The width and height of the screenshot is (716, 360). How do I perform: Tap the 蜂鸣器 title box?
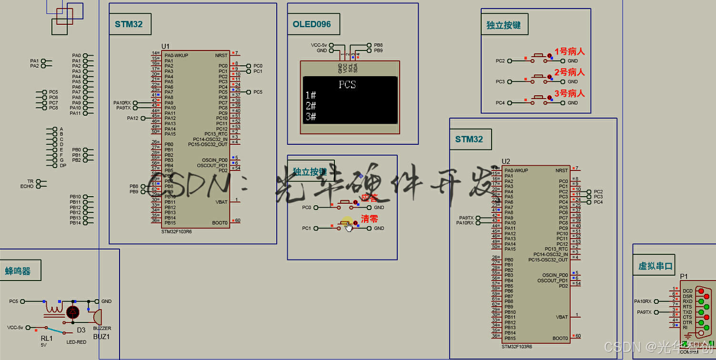click(18, 271)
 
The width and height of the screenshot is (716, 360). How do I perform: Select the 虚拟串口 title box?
click(656, 266)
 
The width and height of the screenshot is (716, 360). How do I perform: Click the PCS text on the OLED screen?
click(347, 85)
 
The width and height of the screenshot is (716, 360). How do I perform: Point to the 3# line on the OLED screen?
click(311, 116)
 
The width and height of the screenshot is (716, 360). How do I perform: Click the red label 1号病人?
click(569, 51)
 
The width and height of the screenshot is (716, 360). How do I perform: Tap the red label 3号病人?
click(569, 93)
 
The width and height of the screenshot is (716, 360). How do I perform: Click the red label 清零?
click(369, 219)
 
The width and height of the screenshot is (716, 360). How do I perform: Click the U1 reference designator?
click(165, 46)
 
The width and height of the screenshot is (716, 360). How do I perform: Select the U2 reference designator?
click(506, 162)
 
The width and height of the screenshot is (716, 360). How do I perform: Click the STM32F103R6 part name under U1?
click(176, 231)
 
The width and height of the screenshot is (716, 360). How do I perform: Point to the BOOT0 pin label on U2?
click(560, 338)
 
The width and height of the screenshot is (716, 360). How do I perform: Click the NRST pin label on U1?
click(221, 55)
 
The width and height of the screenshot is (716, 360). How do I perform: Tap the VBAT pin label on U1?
click(222, 202)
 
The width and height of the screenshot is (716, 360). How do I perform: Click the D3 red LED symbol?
click(73, 312)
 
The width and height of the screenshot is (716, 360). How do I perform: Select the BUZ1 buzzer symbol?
click(97, 316)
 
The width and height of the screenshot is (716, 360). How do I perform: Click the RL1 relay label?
click(47, 338)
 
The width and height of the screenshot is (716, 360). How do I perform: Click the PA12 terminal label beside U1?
click(132, 118)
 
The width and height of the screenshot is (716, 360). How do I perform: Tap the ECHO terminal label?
click(27, 186)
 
